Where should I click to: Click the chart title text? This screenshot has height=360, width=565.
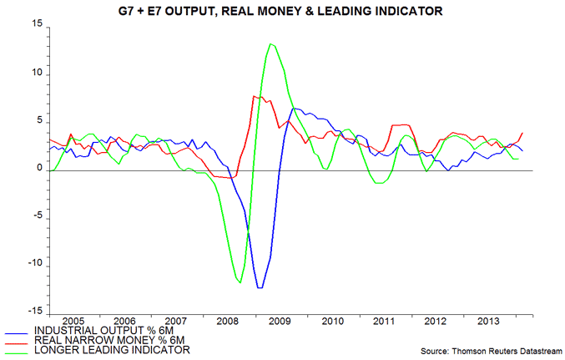pos(283,11)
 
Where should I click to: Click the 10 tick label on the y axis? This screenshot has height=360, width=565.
pos(35,74)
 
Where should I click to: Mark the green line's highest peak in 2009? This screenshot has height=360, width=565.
pos(270,43)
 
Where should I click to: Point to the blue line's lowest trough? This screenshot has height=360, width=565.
pos(260,288)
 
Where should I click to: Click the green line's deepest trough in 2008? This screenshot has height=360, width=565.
pos(240,283)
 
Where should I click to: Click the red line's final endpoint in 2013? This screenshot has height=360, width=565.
pos(523,133)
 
